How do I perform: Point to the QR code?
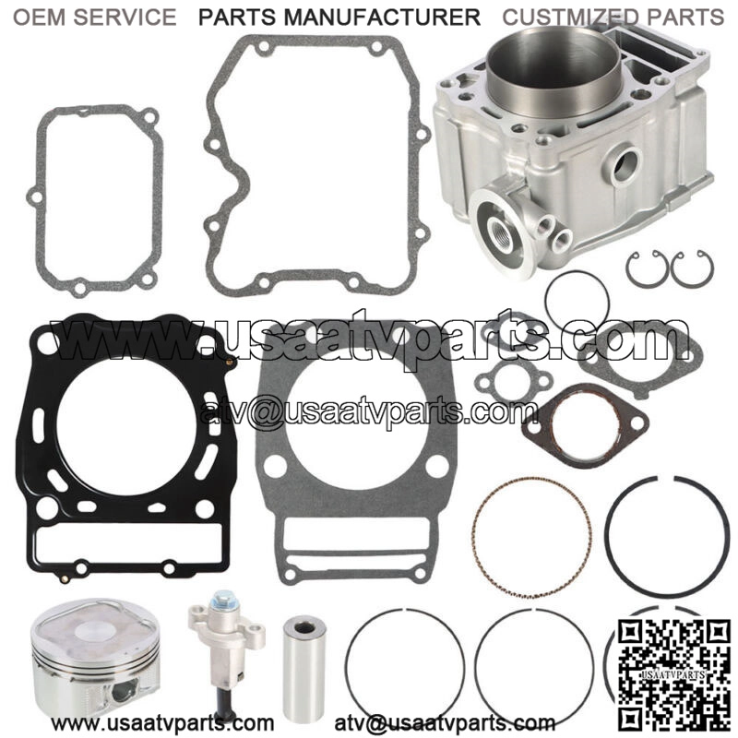[x=667, y=673]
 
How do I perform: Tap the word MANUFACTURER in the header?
[x=382, y=18]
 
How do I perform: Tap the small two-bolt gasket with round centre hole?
[x=513, y=381]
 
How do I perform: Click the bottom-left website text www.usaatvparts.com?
[x=162, y=722]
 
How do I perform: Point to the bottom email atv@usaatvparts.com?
[x=445, y=722]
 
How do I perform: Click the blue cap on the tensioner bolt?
[x=220, y=599]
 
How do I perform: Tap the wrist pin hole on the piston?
[x=124, y=692]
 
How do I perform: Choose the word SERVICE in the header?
[x=125, y=18]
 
